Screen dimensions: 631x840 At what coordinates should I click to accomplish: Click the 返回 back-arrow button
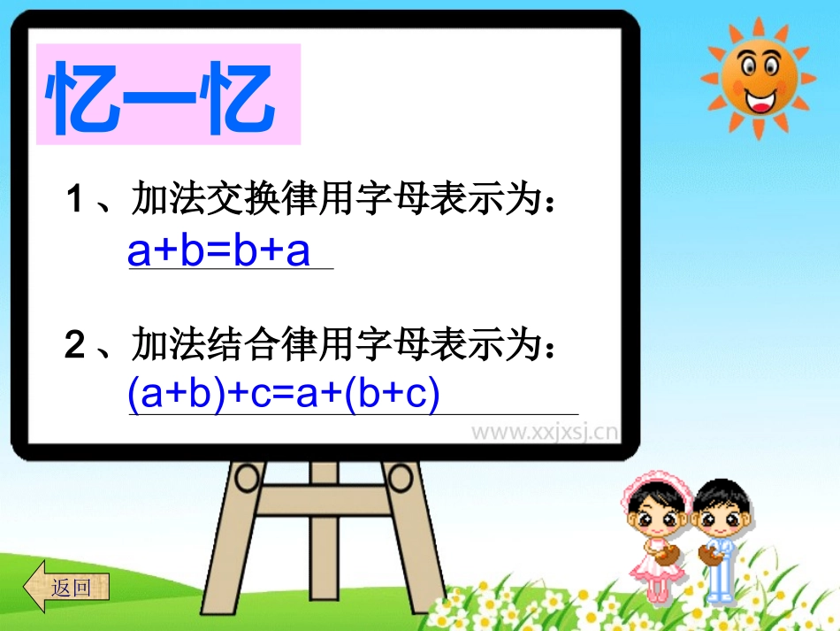click(68, 586)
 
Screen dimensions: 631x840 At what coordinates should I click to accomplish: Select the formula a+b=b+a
click(219, 251)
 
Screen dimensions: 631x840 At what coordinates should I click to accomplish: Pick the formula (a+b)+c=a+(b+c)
click(284, 396)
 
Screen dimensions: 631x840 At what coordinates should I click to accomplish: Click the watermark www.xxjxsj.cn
click(544, 433)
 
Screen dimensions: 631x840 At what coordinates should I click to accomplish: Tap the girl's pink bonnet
click(650, 487)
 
